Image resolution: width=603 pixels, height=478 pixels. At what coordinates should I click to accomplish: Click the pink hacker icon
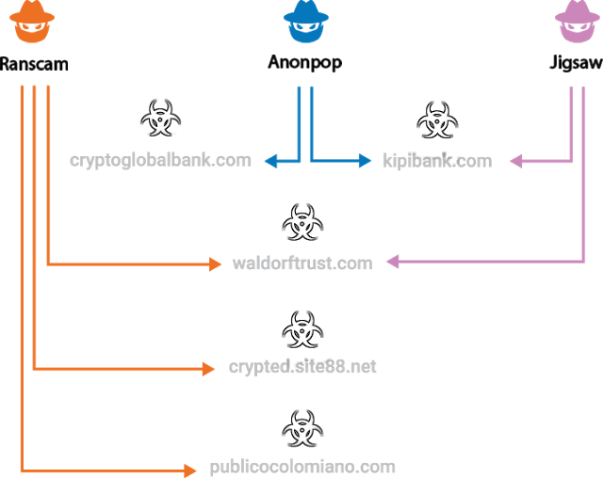coord(578,22)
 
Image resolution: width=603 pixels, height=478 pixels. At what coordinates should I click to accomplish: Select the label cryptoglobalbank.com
coord(160,160)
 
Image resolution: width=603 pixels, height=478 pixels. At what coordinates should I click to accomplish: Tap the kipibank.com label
coord(437,161)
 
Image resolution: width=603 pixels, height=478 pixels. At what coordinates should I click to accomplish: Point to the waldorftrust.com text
coord(302,263)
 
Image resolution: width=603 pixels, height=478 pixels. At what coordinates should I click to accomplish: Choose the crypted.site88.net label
coord(302,367)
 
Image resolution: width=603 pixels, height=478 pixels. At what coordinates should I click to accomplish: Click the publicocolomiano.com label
coord(302,467)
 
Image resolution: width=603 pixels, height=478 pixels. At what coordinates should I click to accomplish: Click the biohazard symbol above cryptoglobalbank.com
coord(160,120)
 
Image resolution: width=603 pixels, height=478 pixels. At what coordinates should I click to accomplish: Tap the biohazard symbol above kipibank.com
coord(437,120)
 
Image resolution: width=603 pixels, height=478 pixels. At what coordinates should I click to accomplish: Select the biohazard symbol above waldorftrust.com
coord(302,223)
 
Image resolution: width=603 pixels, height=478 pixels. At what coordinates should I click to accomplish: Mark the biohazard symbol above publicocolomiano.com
coord(302,429)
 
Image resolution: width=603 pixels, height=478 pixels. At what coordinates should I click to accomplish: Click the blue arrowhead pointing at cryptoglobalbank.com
coord(270,162)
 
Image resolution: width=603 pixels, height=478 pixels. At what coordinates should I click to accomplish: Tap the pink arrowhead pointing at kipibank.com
coord(515,162)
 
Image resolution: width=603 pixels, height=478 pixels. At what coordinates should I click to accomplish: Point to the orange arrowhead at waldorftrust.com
coord(215,264)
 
